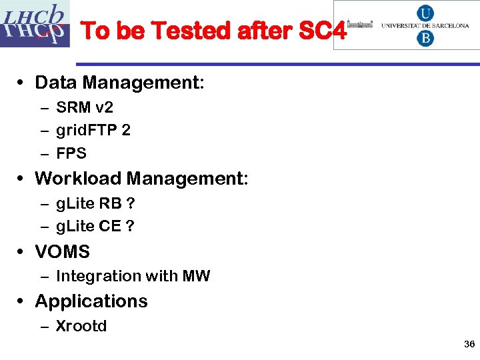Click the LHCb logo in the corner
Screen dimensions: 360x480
[35, 24]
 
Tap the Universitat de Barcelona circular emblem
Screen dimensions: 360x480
[425, 25]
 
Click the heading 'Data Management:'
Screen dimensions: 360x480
[119, 83]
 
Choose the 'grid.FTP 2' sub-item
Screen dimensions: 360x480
[93, 130]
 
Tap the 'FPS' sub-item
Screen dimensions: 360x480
[71, 153]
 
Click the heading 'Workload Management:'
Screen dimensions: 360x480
[141, 179]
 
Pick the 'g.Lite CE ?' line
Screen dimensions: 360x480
[95, 226]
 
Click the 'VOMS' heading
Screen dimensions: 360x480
[62, 252]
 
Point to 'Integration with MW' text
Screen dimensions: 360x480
[133, 276]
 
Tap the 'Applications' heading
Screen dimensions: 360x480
[91, 301]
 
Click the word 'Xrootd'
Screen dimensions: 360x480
[81, 326]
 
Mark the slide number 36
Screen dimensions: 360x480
[469, 344]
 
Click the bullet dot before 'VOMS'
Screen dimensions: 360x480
[22, 252]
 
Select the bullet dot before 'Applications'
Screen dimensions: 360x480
[22, 301]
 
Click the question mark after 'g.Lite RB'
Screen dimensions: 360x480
[131, 203]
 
